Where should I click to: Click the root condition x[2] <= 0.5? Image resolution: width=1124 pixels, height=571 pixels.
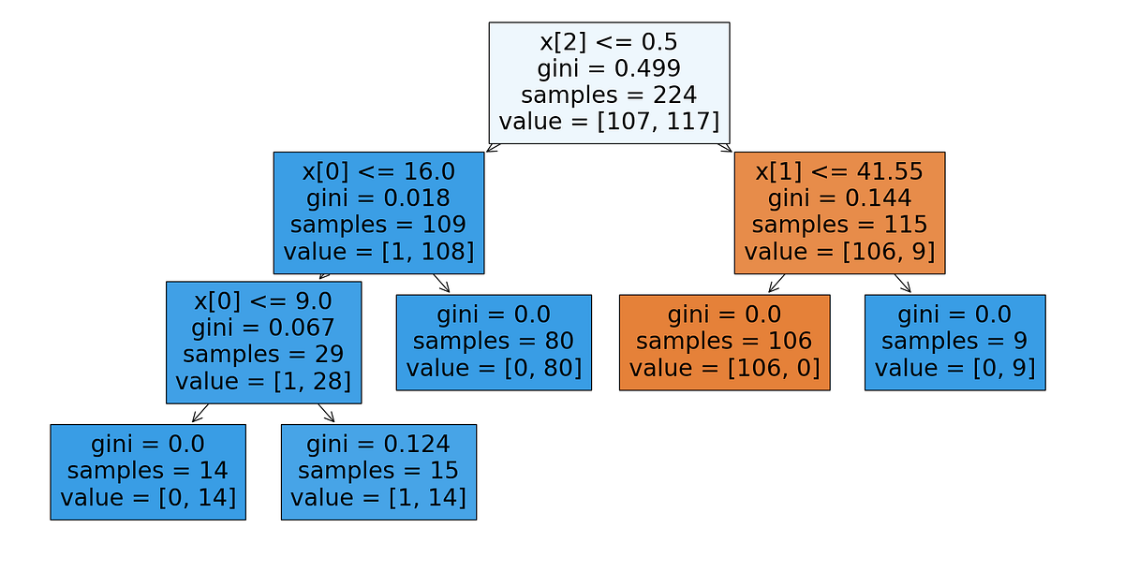coord(609,42)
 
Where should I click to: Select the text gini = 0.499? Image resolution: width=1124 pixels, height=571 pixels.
coord(609,68)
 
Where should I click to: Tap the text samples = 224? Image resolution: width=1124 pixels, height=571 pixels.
coord(609,95)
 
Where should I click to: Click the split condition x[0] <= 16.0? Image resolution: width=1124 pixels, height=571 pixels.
coord(378,171)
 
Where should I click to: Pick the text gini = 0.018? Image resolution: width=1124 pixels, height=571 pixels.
coord(378,198)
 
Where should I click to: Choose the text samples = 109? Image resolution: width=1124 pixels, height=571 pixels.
coord(378,225)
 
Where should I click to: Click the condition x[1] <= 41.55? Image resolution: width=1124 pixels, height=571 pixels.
coord(839,171)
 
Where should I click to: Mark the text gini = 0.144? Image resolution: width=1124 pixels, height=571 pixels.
coord(839,198)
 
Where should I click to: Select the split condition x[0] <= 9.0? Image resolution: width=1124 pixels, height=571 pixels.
coord(263,300)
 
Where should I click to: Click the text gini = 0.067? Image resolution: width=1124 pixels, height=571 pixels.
coord(263,328)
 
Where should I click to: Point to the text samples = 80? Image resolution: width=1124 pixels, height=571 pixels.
coord(494,341)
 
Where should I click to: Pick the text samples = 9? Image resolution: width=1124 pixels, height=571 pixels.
coord(954,341)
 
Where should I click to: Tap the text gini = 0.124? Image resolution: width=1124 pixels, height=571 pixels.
coord(378,443)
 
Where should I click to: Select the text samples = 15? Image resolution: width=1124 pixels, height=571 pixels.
coord(378,470)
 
